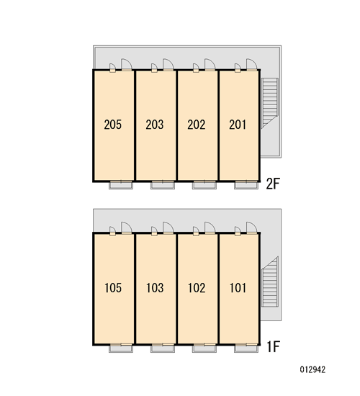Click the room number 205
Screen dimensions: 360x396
[x=112, y=125]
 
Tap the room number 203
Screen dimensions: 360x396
[x=155, y=125]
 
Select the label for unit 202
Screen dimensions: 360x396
[x=197, y=125]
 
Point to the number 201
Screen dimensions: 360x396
[x=238, y=125]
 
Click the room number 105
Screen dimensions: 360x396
[x=113, y=288]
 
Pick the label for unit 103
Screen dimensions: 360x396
[x=155, y=288]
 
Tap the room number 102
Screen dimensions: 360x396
[x=197, y=288]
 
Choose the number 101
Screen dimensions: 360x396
[x=238, y=288]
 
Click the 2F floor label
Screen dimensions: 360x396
[x=273, y=184]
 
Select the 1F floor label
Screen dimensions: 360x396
[x=274, y=346]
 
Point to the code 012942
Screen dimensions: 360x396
[x=312, y=369]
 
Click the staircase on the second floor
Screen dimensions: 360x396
[x=269, y=103]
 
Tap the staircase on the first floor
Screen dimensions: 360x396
[x=269, y=282]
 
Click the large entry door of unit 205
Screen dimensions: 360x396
[x=127, y=65]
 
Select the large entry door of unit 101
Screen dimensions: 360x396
[x=251, y=228]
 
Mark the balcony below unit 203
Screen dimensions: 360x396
[x=163, y=185]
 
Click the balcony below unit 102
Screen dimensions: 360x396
[x=204, y=348]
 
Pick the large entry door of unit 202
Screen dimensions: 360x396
[x=210, y=65]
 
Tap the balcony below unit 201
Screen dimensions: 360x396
[x=246, y=185]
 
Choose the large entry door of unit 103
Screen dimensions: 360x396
[x=168, y=228]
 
